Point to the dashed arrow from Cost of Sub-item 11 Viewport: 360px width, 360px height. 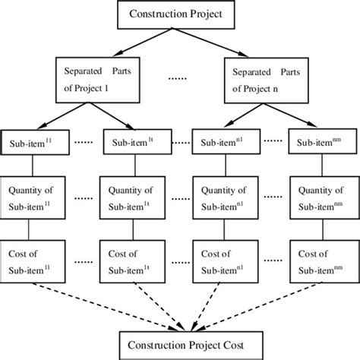(99, 302)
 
